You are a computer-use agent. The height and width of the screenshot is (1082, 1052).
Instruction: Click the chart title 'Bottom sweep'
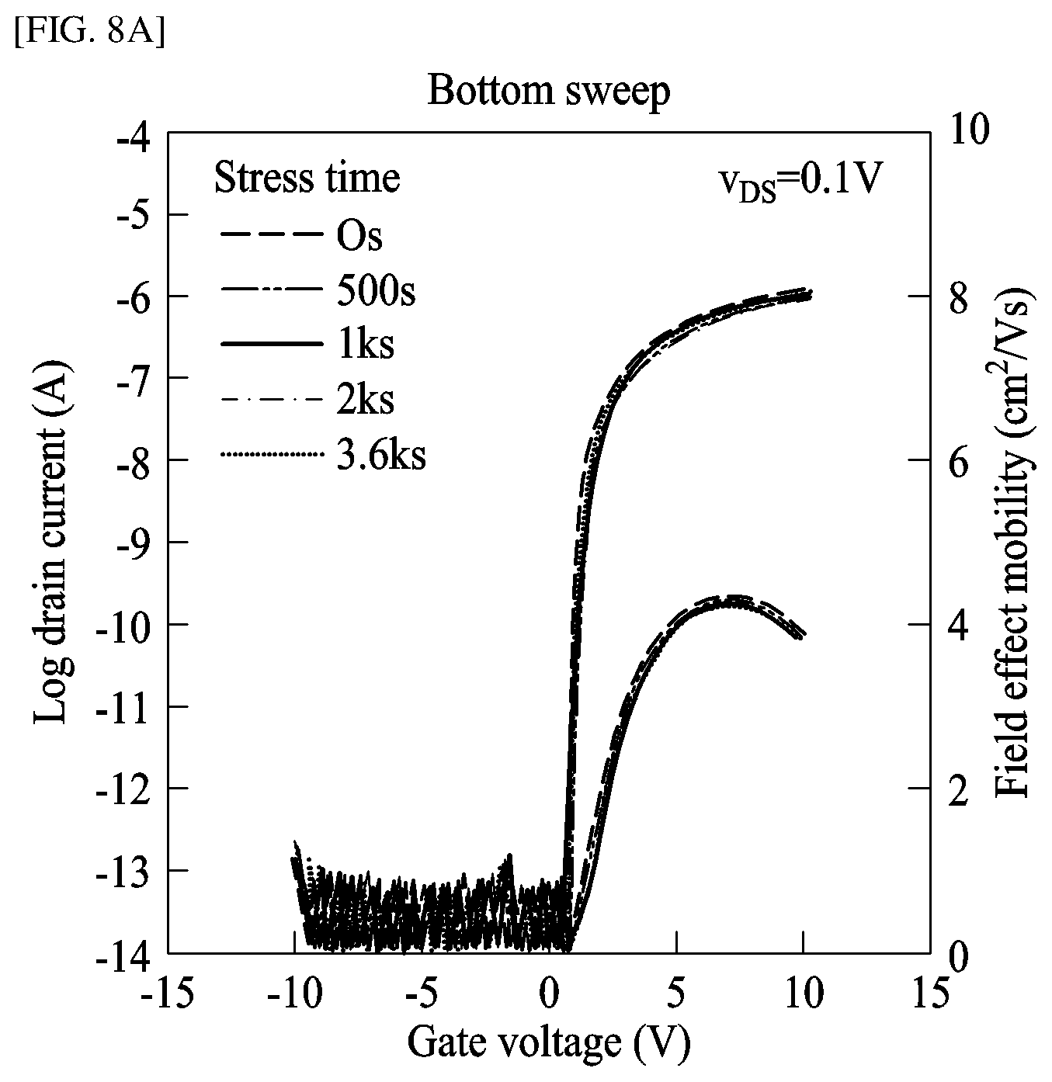coord(548,92)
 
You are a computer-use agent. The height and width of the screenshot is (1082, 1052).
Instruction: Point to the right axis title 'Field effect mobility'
coord(1013,543)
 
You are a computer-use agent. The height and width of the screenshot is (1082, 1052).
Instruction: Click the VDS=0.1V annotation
coord(799,184)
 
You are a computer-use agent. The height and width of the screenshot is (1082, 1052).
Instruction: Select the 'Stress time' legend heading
coord(307,178)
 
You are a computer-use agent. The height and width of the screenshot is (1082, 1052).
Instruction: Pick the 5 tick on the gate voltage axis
coord(677,993)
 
